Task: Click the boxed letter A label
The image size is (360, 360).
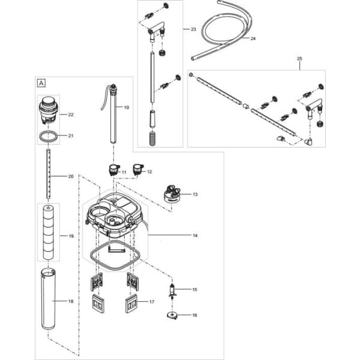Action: [x=41, y=83]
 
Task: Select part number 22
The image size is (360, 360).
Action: [x=71, y=114]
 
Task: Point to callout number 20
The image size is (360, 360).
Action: [x=71, y=176]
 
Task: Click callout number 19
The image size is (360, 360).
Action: [x=71, y=236]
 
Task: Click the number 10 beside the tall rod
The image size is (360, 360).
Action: [x=126, y=107]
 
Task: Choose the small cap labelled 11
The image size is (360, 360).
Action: [x=112, y=170]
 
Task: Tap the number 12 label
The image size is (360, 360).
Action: [x=149, y=172]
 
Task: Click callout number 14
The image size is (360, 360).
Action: [x=194, y=236]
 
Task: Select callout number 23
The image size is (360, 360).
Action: [x=193, y=29]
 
